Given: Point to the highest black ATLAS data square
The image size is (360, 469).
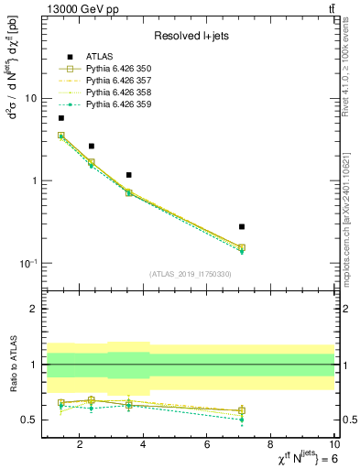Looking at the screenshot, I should tap(61, 118).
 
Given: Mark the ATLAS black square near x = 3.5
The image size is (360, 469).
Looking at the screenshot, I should tap(129, 175).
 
